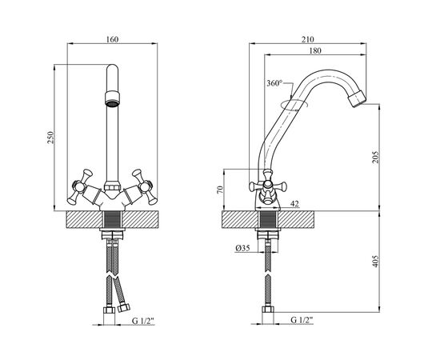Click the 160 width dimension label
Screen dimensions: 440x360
tap(112, 39)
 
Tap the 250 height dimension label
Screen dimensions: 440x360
tap(50, 138)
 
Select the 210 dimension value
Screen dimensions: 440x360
tap(307, 39)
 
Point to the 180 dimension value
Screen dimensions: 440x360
tap(315, 50)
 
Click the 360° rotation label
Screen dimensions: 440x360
tap(274, 83)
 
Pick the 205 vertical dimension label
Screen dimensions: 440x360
tap(375, 158)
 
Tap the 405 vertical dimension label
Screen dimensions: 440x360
tap(375, 261)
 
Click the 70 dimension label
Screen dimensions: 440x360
tap(220, 190)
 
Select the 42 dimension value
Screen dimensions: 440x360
tap(294, 204)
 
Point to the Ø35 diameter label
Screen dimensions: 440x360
tap(242, 248)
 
